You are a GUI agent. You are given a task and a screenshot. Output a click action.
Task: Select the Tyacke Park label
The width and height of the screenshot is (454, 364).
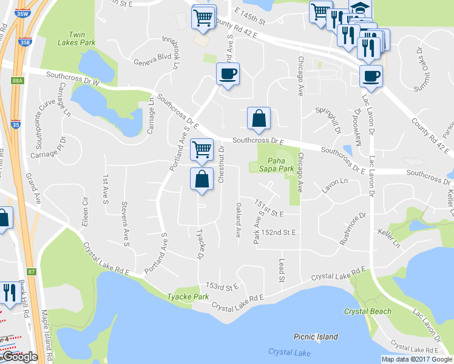(x=188, y=297)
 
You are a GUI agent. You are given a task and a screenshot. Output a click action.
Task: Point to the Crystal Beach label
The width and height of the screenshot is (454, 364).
(x=367, y=311)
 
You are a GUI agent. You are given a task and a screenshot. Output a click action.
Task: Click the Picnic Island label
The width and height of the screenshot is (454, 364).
(x=316, y=337)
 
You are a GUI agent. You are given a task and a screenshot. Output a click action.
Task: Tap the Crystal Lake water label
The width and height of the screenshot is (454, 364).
(x=289, y=352)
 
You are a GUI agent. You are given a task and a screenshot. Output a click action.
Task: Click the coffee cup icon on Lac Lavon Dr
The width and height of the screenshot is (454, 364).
(x=371, y=76)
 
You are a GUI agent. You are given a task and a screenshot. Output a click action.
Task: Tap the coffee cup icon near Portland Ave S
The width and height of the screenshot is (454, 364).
(x=228, y=74)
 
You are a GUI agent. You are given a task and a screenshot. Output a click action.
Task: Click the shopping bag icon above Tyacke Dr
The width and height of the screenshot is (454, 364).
(x=202, y=178)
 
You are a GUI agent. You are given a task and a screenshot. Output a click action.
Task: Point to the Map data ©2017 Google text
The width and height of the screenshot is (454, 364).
(x=416, y=359)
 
